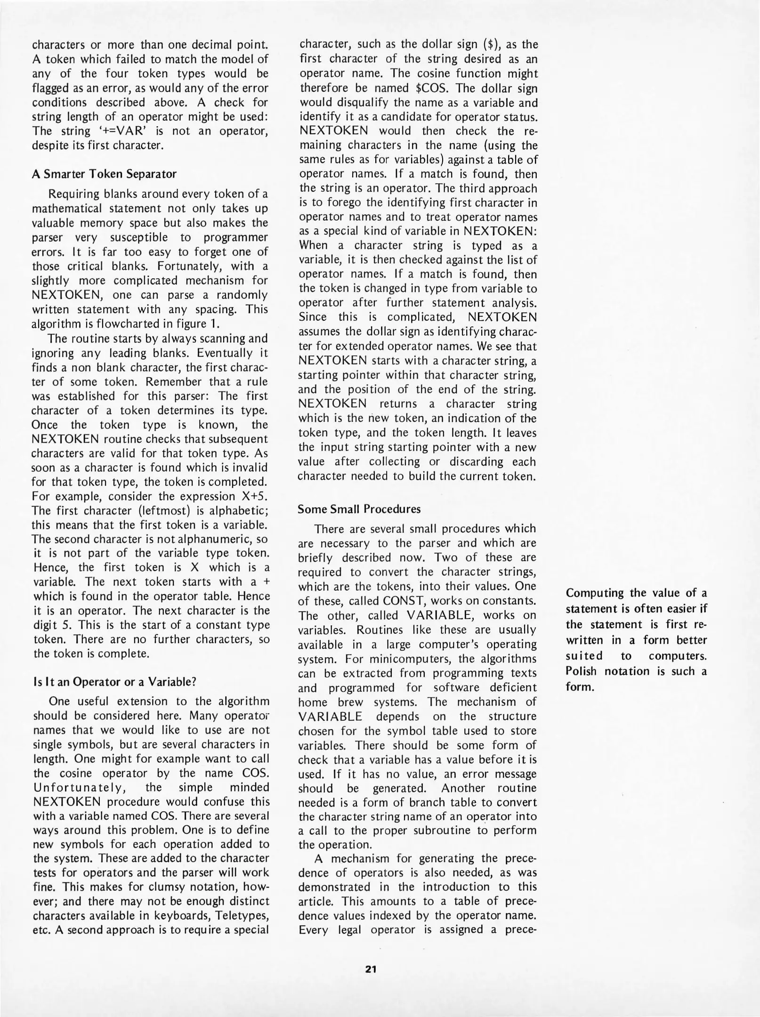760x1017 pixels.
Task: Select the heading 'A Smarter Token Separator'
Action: pos(104,174)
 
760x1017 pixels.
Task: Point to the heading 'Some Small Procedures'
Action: pos(359,509)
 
